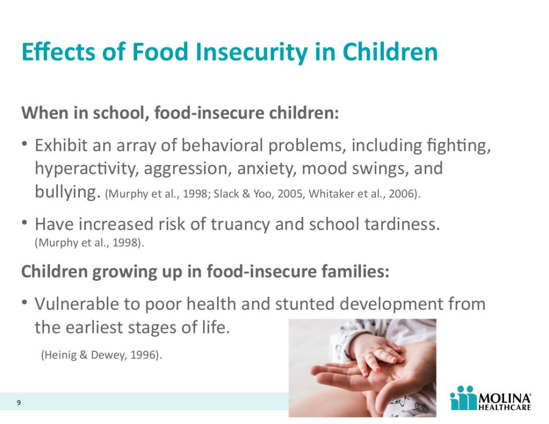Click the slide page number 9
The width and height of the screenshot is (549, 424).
(x=19, y=403)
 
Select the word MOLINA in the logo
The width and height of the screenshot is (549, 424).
(x=505, y=398)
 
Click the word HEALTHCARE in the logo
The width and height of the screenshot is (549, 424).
(x=505, y=407)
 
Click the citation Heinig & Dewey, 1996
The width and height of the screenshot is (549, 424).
(x=101, y=355)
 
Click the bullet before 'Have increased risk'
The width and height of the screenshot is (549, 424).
(x=24, y=222)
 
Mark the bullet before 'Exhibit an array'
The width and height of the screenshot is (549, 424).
(x=24, y=144)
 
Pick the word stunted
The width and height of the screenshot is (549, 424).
(x=305, y=304)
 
